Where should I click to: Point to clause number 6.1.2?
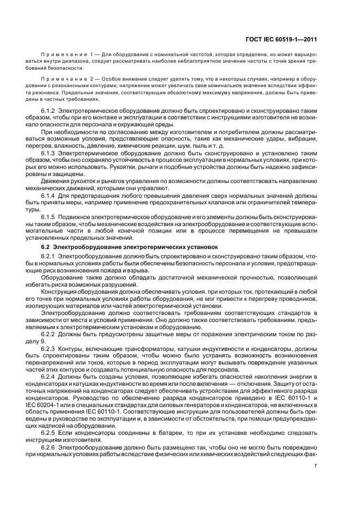click(x=48, y=111)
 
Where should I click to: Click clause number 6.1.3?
click(x=48, y=153)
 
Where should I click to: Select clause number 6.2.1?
click(x=48, y=256)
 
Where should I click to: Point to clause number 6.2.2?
click(x=48, y=333)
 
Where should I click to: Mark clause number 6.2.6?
click(x=48, y=447)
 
